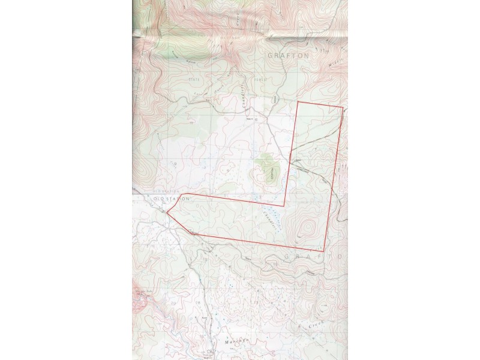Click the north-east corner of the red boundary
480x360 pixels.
coord(342,109)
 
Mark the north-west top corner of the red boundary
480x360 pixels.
coord(299,103)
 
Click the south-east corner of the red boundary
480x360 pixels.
coord(325,250)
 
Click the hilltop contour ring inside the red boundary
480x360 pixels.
coord(306,229)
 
